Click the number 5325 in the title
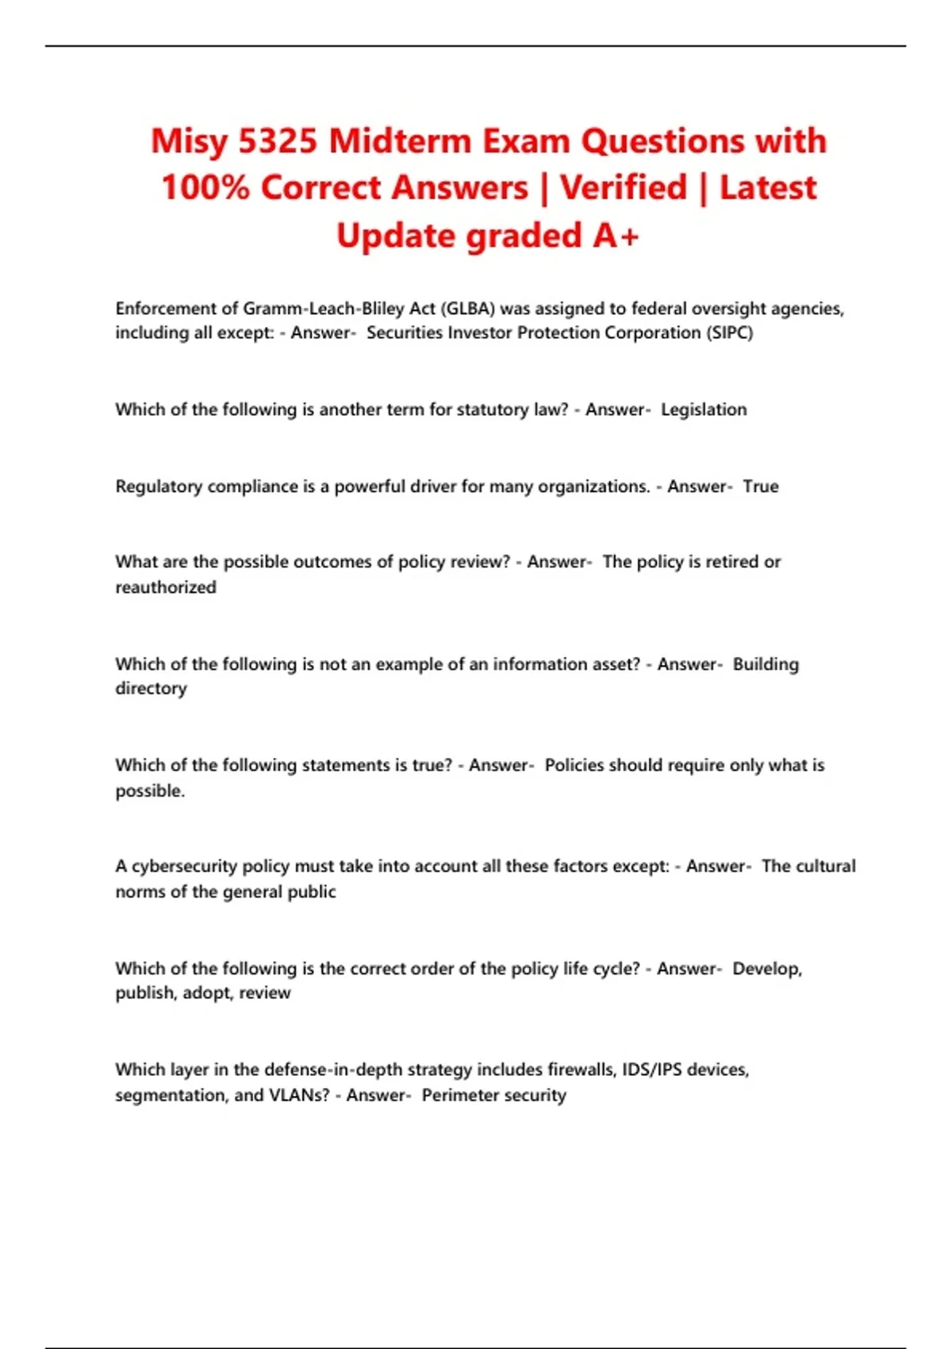coord(278,141)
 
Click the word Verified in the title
coord(624,188)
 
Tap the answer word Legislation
coord(704,409)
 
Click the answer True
coord(760,486)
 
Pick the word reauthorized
coord(166,587)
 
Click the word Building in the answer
coord(766,664)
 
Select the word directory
coord(151,688)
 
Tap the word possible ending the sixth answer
coord(149,790)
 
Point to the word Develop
coord(766,969)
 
